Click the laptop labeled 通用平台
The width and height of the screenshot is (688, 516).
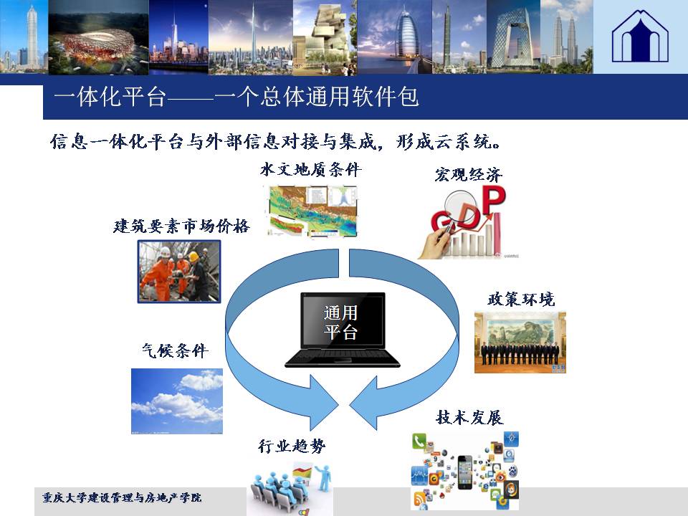[343, 330]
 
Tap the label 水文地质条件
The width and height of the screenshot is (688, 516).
[310, 169]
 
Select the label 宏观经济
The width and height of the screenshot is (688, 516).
[469, 175]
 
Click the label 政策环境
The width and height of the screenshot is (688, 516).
[521, 300]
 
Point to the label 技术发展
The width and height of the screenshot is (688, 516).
[469, 417]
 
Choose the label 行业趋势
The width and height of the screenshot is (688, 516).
[292, 446]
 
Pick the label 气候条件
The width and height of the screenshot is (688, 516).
[175, 350]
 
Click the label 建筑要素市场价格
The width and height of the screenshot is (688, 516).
[181, 226]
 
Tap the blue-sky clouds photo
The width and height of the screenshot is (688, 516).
[177, 401]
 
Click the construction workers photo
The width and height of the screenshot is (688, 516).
[179, 272]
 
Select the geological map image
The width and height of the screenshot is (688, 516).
[312, 211]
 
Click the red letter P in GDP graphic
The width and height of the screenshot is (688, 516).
[494, 200]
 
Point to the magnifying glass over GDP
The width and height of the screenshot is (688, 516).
[457, 211]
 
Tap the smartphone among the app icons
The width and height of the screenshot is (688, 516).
[465, 472]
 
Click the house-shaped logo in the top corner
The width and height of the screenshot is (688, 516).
[640, 37]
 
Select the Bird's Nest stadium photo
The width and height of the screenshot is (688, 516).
[98, 37]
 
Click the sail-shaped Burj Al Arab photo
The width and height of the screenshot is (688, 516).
[394, 37]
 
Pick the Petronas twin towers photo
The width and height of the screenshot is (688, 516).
[566, 37]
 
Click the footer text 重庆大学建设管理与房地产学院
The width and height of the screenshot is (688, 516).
[122, 497]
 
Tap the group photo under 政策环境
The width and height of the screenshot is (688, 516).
[520, 343]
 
